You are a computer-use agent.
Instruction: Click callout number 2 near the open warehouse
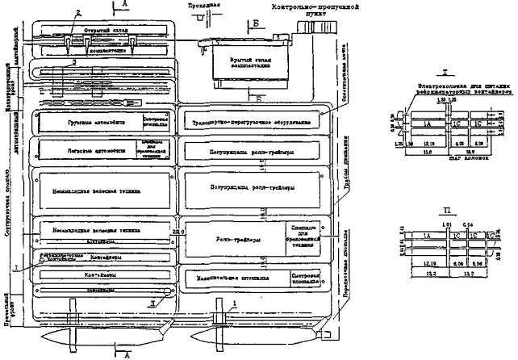click(77, 13)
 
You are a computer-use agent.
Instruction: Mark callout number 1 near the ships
click(236, 303)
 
